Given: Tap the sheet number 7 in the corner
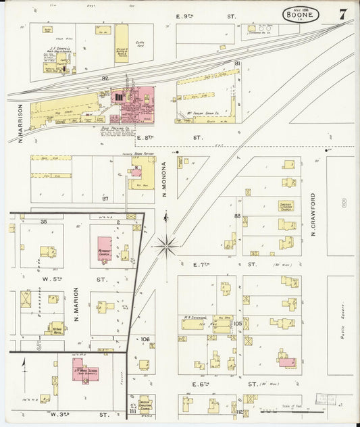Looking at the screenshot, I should tap(343, 14).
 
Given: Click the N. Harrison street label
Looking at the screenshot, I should tap(21, 122).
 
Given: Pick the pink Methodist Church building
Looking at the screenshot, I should tap(104, 249).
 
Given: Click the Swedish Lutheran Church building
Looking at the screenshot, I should tap(286, 206).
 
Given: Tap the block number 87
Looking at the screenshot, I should tap(105, 199).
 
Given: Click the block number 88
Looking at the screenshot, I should tap(237, 216).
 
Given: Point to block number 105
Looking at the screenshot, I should tap(237, 323).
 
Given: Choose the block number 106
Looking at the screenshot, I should tap(144, 340).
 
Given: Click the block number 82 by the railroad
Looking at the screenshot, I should tap(105, 79).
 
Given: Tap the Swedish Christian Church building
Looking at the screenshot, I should tap(145, 404).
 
